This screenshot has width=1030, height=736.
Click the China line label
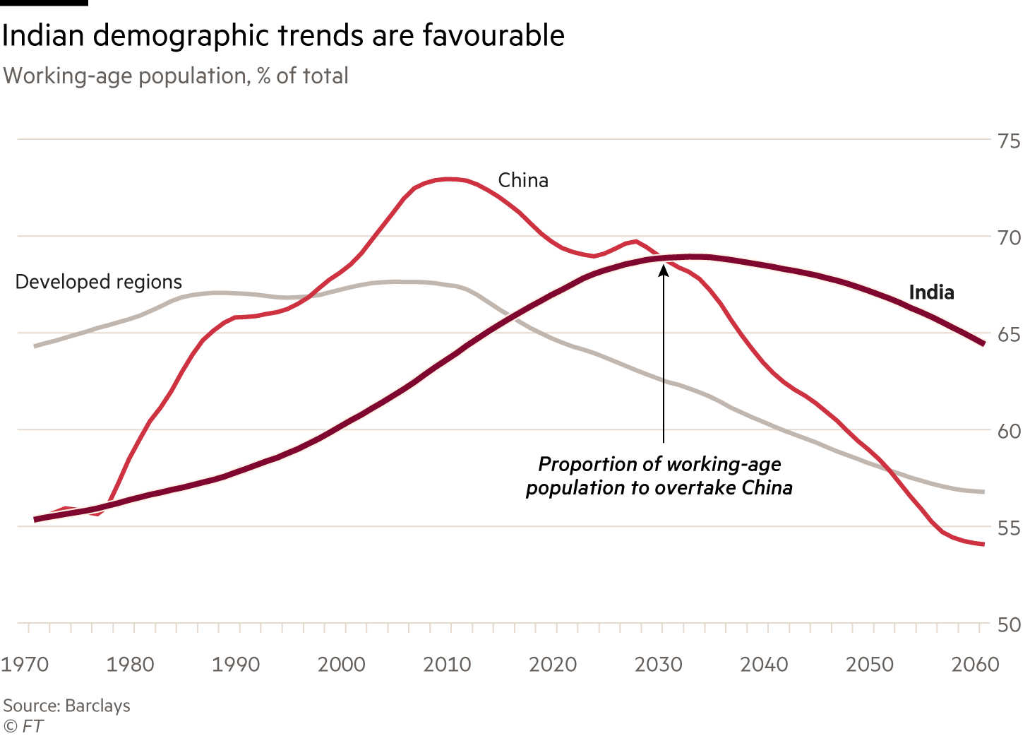523,181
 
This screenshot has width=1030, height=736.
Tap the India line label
931,292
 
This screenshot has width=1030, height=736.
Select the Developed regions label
99,282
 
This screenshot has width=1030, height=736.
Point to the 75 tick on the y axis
1009,141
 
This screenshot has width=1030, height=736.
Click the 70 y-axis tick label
1009,238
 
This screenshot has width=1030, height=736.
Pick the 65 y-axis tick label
1009,335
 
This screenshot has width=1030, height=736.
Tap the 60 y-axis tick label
1009,432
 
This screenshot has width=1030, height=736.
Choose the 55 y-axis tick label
1009,528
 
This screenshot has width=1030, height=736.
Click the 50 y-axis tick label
1009,625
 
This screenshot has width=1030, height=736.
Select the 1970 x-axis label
25,665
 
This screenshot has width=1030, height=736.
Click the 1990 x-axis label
236,665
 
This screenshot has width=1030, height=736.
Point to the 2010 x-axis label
447,665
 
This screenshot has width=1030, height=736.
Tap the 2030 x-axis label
658,665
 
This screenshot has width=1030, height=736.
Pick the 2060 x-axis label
975,665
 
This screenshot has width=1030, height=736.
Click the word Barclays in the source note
97,706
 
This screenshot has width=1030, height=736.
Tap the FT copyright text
24,725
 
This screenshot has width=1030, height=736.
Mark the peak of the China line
450,179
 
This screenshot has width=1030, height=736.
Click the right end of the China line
983,544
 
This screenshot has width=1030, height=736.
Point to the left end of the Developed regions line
35,346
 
